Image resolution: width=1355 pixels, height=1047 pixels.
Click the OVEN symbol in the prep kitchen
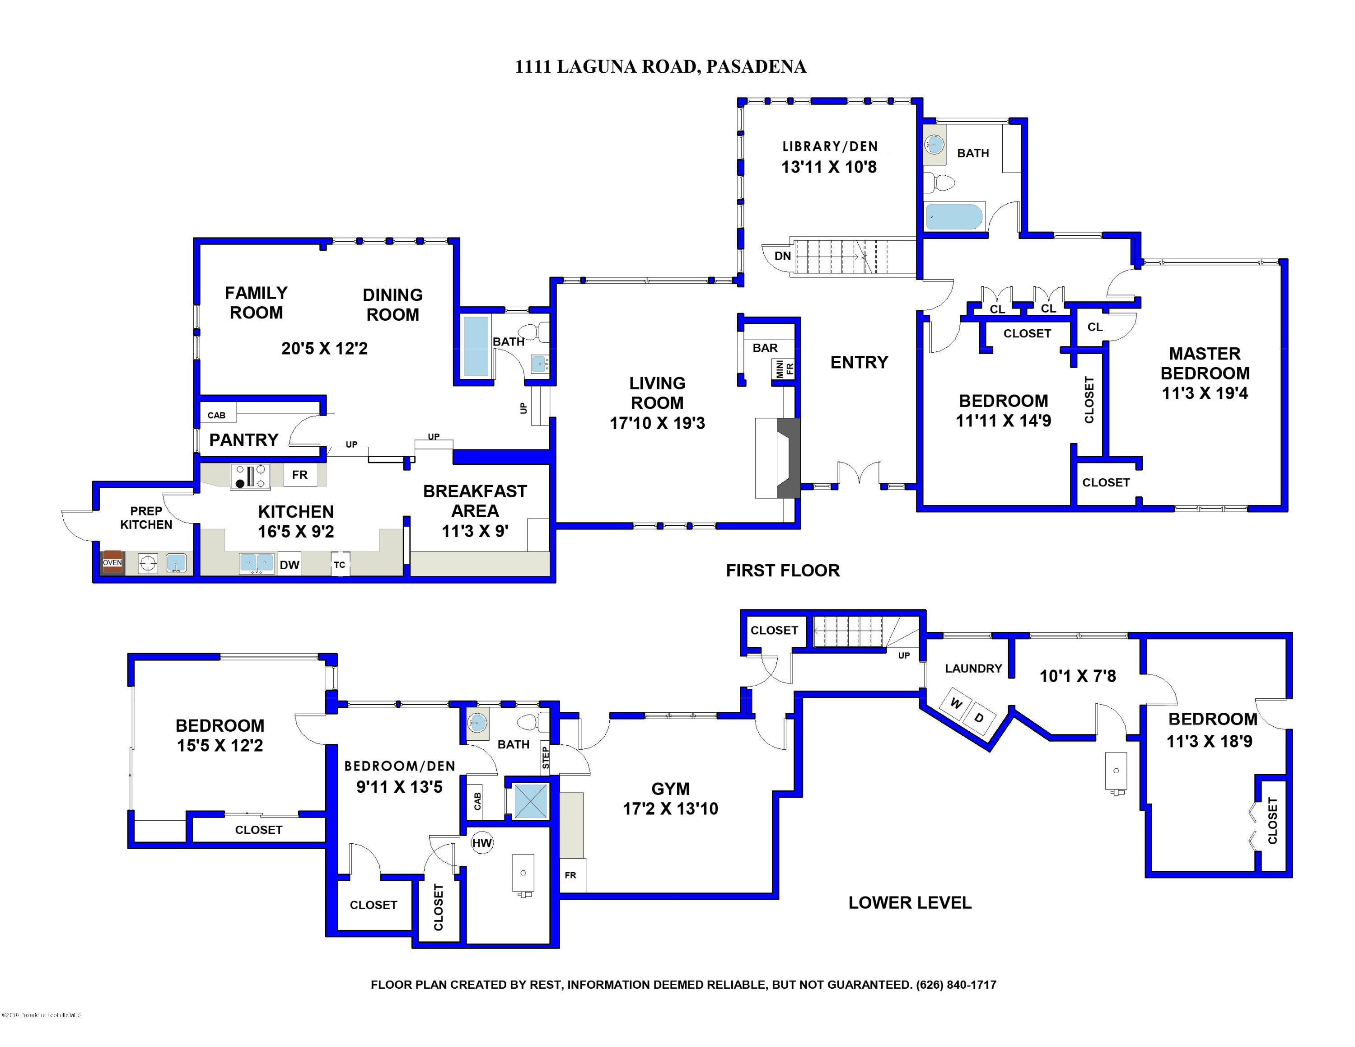point(112,562)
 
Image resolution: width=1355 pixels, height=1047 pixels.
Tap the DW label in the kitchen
point(289,565)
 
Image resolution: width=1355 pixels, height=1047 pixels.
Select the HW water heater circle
point(482,843)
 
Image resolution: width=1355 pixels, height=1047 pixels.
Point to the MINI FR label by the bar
point(784,369)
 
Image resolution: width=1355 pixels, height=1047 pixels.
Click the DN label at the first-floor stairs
point(782,256)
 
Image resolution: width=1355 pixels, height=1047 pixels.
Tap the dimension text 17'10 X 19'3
point(657,423)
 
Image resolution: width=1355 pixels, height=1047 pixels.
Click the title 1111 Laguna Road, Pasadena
point(660,66)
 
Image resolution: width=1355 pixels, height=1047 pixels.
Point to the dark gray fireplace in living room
point(789,458)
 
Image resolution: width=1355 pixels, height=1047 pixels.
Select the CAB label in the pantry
point(216,415)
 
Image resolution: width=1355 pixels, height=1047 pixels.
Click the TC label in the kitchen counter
point(339,565)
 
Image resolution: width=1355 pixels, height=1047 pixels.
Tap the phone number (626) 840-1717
point(956,984)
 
